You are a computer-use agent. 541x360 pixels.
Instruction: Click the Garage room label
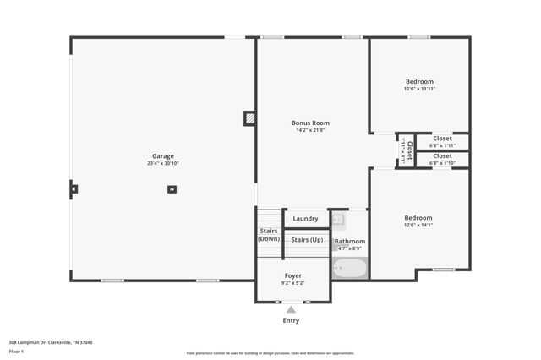[x=163, y=156]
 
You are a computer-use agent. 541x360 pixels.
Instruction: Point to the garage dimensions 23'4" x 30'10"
[x=163, y=163]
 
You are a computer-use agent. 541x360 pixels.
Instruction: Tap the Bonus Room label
[x=310, y=123]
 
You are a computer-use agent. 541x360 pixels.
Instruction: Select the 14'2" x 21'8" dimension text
[x=310, y=130]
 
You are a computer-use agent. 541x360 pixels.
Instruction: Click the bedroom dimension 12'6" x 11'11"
[x=419, y=89]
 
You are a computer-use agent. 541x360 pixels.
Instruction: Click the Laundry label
[x=305, y=219]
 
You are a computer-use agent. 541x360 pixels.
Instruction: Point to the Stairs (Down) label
[x=269, y=235]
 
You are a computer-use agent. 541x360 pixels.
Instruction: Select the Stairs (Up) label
[x=306, y=240]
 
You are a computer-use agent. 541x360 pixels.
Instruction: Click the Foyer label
[x=292, y=275]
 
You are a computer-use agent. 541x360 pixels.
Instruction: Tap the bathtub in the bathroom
[x=349, y=269]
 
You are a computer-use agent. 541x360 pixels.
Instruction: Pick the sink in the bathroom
[x=338, y=220]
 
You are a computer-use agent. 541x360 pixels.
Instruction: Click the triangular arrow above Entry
[x=291, y=310]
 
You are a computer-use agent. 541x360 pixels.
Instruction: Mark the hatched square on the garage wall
[x=249, y=118]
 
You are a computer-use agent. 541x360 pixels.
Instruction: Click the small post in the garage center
[x=172, y=189]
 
